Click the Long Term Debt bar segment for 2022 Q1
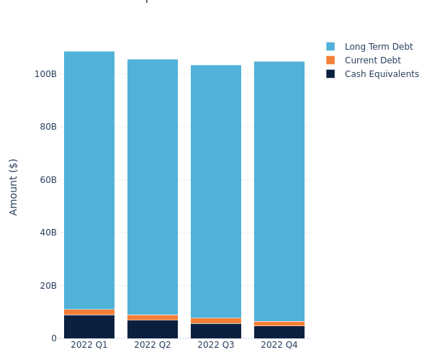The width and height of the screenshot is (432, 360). click(x=89, y=180)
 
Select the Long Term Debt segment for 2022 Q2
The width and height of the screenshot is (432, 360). click(x=153, y=187)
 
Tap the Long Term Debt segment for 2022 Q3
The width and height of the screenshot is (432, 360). click(x=216, y=191)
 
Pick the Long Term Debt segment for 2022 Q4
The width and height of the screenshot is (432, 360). click(x=279, y=191)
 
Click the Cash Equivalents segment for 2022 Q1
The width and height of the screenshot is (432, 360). click(x=89, y=326)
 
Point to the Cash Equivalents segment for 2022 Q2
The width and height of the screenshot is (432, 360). click(x=153, y=329)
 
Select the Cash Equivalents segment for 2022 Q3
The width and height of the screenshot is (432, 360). click(x=216, y=330)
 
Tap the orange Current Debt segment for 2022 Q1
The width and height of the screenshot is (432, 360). click(x=89, y=312)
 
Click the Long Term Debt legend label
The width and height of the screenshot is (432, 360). click(x=379, y=47)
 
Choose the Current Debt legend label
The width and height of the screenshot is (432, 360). click(x=372, y=60)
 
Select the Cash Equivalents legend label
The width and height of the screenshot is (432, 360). click(x=382, y=74)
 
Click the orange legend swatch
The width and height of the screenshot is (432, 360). click(x=330, y=60)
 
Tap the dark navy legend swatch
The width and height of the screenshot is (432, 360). click(x=330, y=74)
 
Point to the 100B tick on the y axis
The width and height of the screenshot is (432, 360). click(x=45, y=73)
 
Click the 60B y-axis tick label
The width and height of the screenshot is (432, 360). click(x=48, y=179)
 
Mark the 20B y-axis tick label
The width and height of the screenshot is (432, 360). click(x=48, y=285)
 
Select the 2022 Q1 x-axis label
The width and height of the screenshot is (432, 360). click(x=89, y=345)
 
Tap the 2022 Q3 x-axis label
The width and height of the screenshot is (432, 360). click(x=216, y=345)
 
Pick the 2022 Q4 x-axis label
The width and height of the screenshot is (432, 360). click(x=279, y=345)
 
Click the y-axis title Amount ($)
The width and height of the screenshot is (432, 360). click(x=14, y=186)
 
